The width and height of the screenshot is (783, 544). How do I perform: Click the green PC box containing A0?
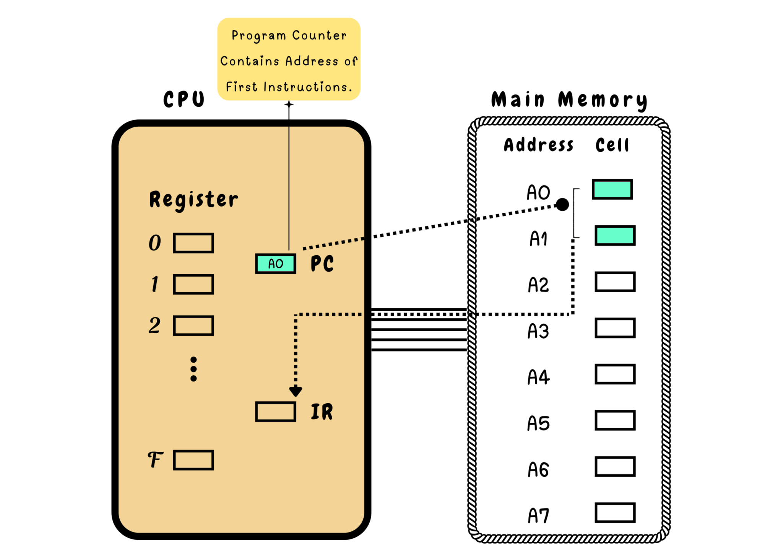(275, 264)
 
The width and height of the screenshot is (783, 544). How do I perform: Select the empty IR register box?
(275, 412)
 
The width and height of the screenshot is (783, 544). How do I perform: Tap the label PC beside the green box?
(322, 264)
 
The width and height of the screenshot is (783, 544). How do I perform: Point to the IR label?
(322, 412)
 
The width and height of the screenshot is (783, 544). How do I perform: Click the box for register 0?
(193, 243)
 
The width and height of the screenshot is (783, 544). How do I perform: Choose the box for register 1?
(193, 284)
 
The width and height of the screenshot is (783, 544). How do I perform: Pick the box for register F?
(193, 460)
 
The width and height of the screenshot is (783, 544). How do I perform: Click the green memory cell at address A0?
(612, 189)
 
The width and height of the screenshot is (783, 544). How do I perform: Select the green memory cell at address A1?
(615, 236)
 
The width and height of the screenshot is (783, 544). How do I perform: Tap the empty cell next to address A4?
(615, 374)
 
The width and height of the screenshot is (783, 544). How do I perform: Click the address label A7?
(538, 515)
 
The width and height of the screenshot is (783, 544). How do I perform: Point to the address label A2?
(538, 285)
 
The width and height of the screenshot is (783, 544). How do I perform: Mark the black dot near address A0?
(562, 205)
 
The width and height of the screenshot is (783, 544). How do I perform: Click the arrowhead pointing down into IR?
(296, 391)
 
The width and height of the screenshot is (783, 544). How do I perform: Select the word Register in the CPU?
(193, 200)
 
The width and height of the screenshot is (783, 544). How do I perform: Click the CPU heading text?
(184, 99)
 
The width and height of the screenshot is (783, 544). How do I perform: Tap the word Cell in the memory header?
(612, 145)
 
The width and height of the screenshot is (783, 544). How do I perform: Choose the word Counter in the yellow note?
(319, 35)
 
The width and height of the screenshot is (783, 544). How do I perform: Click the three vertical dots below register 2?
(193, 369)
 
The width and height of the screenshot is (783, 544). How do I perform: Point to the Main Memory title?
(569, 100)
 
